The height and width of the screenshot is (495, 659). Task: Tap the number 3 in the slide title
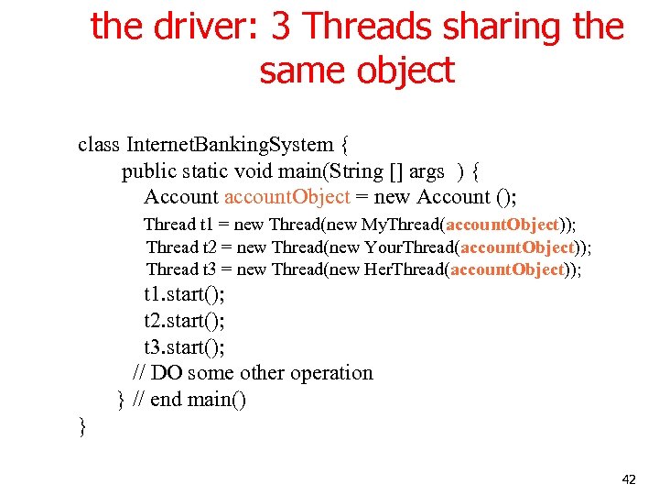click(282, 27)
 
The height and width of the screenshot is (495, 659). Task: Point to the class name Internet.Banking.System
click(231, 144)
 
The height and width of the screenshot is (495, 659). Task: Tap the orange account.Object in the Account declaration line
click(287, 196)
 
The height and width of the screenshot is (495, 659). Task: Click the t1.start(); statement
click(184, 294)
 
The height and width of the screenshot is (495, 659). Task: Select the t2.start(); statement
click(184, 320)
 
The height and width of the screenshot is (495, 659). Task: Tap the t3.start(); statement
click(184, 346)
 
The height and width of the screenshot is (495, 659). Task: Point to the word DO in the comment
click(167, 373)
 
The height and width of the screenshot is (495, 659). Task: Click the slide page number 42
click(628, 478)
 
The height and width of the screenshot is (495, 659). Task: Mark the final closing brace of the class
click(82, 425)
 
